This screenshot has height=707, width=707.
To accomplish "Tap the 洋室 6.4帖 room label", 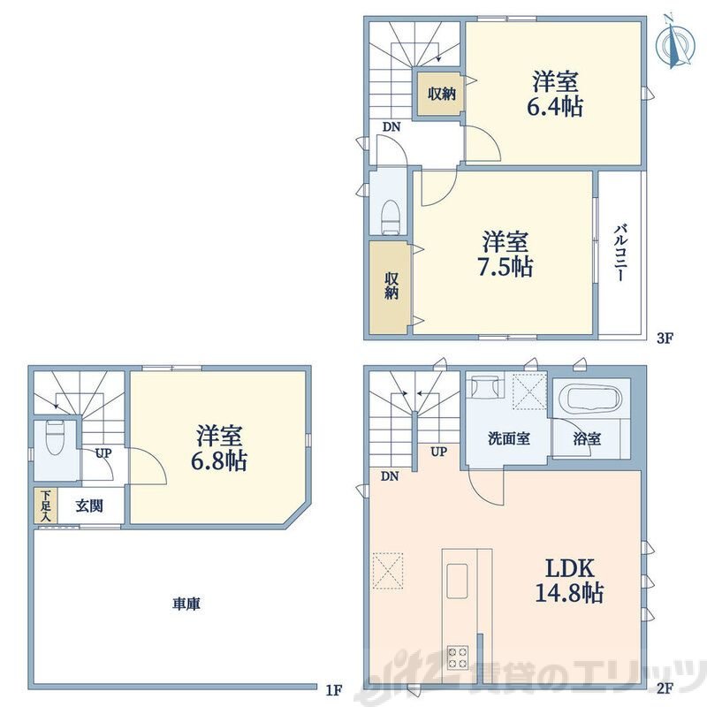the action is pos(555,95).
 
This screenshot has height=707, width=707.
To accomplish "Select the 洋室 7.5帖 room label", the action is pos(505,254).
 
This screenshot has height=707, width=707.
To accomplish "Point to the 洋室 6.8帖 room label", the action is pos(219,448).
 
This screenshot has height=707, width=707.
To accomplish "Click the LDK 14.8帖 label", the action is pos(569,581).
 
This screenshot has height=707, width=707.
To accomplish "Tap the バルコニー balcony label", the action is pos(620,253).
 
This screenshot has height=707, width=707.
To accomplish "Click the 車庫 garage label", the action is pos(186,604).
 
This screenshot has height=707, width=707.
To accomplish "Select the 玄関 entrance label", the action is pos(89,506).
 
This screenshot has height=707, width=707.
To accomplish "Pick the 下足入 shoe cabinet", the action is pos(46,506).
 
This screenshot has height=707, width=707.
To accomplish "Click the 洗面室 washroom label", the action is pos(509,438).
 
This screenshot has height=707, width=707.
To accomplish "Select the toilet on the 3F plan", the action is pos(391,217).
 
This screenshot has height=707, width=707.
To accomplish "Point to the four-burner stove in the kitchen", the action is pos(457,657).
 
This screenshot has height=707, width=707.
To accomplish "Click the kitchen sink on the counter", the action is pos(457,582).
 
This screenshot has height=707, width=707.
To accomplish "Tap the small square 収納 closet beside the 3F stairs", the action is pos(440,94).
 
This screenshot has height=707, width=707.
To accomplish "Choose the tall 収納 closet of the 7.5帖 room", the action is pos(391,287).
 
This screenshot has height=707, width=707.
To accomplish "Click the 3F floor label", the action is pos(665,338).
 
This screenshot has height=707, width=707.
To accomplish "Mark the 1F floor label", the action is pos(334,689).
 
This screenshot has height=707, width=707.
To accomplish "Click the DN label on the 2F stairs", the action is pos(390,475).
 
